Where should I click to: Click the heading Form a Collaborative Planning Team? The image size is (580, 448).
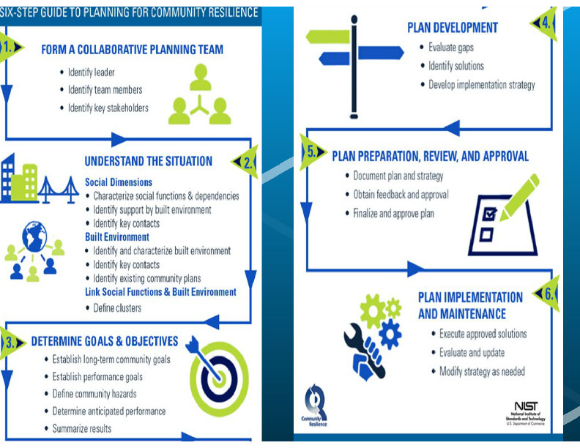[132, 50]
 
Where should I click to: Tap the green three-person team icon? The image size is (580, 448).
[199, 96]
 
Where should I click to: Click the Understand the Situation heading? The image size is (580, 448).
[148, 161]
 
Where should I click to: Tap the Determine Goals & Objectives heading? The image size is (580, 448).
[104, 341]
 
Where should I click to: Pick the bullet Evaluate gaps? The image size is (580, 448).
[451, 47]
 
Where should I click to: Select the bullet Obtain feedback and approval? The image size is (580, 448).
[401, 195]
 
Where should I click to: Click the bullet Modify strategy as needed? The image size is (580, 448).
[481, 371]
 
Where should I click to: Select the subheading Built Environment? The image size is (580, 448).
[117, 237]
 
